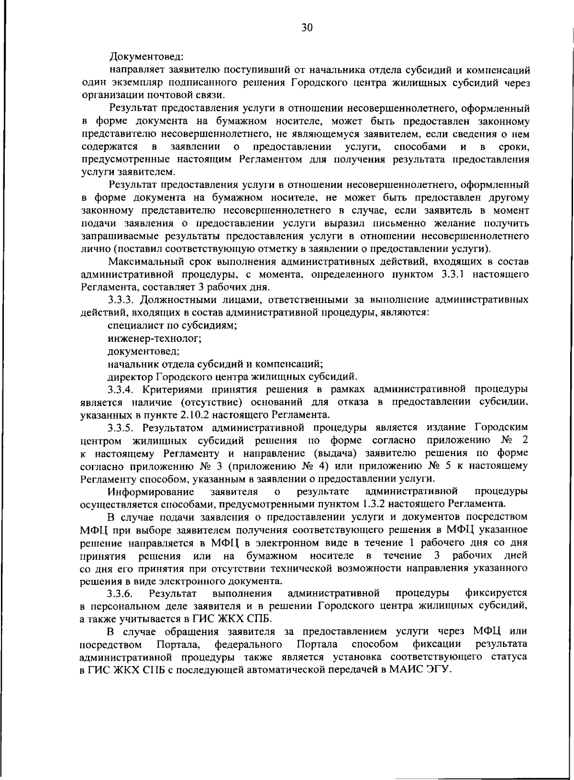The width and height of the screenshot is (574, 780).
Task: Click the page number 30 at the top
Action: [307, 28]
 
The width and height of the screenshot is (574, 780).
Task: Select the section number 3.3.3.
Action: [123, 300]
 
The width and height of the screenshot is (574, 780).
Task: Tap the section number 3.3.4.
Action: [123, 388]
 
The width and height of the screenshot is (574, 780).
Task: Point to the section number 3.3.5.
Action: [123, 427]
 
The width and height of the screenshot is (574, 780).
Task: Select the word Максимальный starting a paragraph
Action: [146, 261]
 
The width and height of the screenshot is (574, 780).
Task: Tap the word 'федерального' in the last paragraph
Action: [247, 643]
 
